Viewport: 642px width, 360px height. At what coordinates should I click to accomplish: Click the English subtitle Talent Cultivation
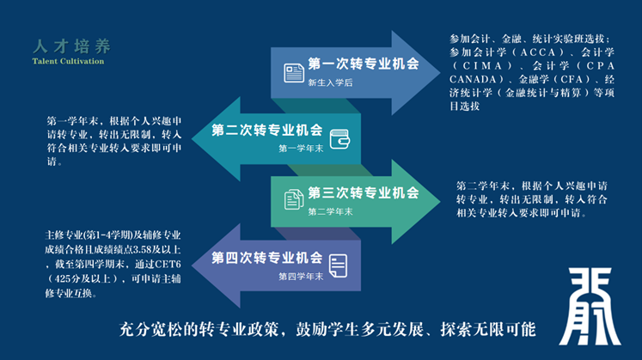[68, 62]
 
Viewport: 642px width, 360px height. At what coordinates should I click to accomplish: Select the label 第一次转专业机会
[363, 64]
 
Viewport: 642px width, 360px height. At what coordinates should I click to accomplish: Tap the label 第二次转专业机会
[267, 131]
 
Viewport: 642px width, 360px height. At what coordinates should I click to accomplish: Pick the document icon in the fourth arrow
[339, 264]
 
